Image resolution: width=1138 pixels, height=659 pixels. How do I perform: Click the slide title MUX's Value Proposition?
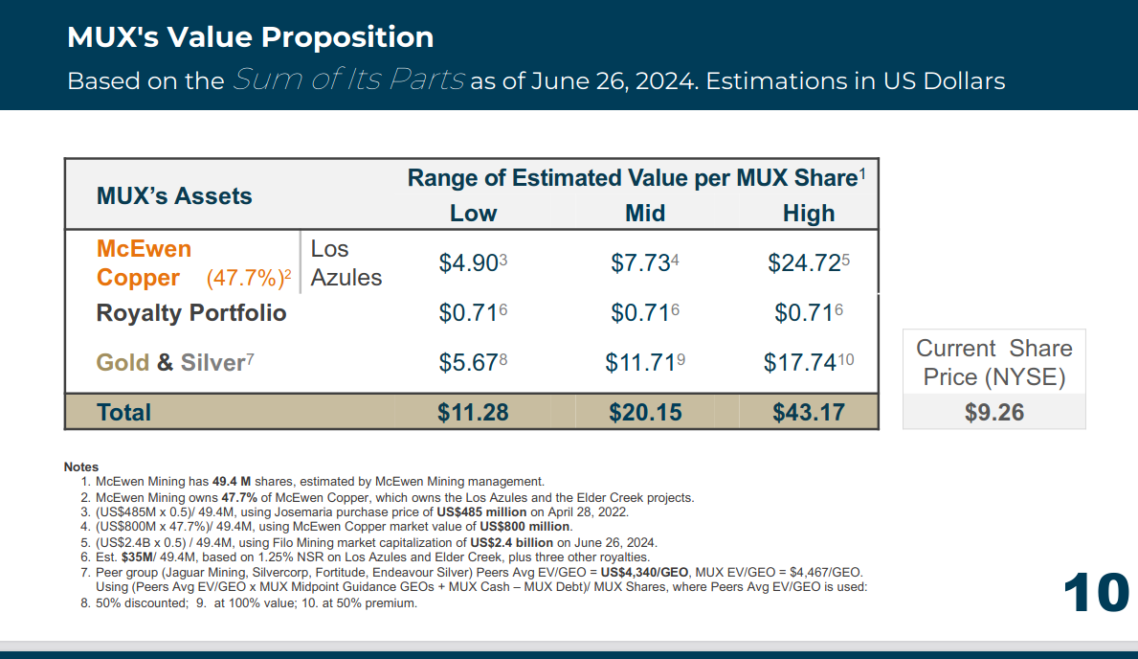pos(250,37)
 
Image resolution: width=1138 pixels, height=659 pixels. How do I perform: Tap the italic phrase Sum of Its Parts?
pos(348,80)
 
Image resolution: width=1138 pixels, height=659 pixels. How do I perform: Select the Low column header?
pos(473,213)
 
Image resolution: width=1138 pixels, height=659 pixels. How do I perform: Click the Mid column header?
pos(645,213)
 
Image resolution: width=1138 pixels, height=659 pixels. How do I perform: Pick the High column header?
pos(809,213)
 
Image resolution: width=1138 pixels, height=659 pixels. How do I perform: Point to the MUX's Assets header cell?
pos(174,196)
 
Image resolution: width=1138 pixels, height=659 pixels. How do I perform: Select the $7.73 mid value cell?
pos(640,262)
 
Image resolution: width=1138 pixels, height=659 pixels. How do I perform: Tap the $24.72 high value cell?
pos(804,262)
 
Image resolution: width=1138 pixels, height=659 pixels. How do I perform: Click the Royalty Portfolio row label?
pos(191,312)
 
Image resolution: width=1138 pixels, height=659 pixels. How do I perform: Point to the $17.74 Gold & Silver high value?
pos(804,362)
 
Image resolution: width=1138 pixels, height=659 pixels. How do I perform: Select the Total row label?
pos(123,412)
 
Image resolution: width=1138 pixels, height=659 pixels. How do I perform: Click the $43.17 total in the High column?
pos(809,412)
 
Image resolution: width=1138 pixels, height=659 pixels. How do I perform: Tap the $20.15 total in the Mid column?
pos(645,412)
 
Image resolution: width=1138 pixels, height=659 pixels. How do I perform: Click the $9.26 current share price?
pos(993,412)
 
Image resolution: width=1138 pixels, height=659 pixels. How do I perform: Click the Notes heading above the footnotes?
pos(81,467)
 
